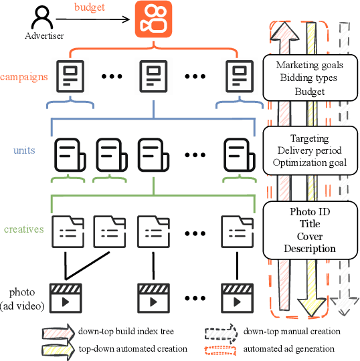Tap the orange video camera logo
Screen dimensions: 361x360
(154, 18)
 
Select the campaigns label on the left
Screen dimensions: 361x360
(24, 76)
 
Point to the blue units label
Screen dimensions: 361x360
(24, 150)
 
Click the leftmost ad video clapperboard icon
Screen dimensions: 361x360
(65, 296)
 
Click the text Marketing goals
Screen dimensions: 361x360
(309, 65)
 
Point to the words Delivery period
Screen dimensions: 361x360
(309, 150)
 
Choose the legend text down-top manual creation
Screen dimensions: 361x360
(292, 331)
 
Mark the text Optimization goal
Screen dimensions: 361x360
(309, 162)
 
